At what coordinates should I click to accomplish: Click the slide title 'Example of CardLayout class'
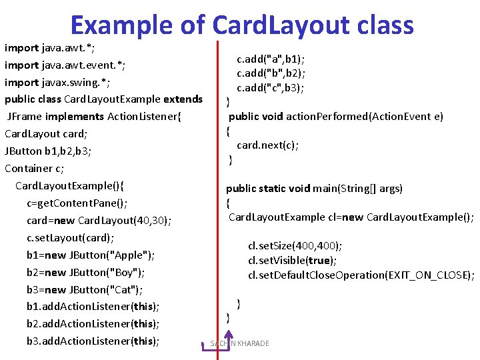241,25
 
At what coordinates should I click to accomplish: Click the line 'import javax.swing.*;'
57,82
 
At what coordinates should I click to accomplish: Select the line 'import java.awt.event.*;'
65,65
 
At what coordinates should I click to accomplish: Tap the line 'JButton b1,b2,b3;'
48,151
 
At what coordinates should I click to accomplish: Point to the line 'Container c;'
35,168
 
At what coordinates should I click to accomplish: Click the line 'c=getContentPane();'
77,203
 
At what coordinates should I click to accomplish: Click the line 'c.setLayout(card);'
71,237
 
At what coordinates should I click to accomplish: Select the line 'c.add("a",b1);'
271,59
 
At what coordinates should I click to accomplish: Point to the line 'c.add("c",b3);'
271,87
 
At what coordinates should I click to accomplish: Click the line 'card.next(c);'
267,145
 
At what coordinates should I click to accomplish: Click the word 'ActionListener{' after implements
143,117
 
